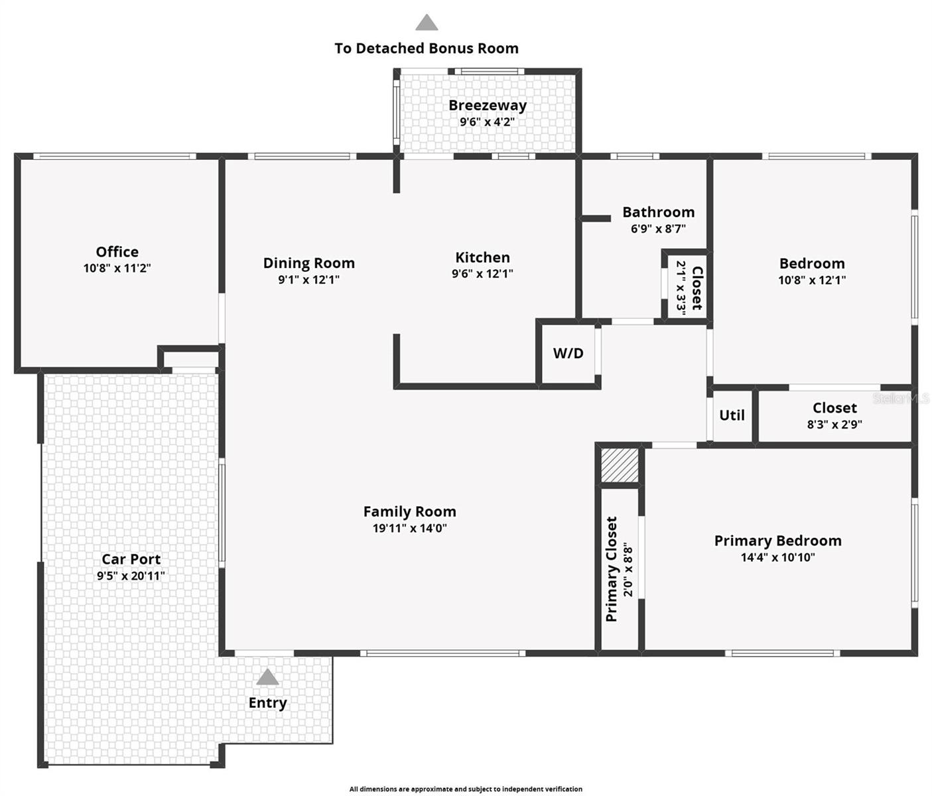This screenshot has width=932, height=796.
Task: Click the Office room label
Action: [117, 252]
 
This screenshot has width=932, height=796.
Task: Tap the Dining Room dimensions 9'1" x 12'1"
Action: [308, 280]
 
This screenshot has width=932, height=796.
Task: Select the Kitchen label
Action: [482, 257]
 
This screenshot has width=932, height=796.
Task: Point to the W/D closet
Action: [568, 354]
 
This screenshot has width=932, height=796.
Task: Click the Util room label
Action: [732, 415]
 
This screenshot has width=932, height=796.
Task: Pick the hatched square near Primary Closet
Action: [620, 465]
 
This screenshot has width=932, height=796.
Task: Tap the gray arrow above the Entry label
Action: [267, 677]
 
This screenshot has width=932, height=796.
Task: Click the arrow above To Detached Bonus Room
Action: [427, 23]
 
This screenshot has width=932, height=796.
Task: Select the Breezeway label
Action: [488, 105]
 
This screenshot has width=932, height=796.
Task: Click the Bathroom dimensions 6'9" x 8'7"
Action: [658, 229]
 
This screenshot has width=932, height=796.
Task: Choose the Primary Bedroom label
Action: [777, 541]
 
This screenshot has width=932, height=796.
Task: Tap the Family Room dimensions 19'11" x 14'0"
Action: [409, 529]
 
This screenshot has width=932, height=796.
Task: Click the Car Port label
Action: [131, 559]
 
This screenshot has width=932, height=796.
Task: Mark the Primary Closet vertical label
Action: [612, 569]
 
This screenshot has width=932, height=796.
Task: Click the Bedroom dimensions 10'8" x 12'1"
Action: [812, 281]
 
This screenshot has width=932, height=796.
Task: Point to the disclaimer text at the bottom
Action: [466, 789]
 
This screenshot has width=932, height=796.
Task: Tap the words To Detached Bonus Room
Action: [427, 48]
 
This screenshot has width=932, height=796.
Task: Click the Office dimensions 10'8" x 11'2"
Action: [117, 269]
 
